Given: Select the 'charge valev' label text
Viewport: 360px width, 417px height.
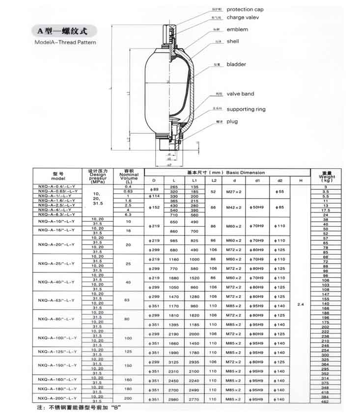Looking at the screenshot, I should click(242, 18).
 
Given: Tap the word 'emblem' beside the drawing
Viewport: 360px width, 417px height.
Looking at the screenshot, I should click(237, 29).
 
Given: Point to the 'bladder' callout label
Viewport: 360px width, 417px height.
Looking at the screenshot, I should click(236, 64).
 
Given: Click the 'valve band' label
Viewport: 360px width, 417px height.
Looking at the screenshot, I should click(240, 94).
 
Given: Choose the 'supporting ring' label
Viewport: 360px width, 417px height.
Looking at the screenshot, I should click(246, 109).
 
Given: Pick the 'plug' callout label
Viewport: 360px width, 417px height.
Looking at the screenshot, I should click(232, 121).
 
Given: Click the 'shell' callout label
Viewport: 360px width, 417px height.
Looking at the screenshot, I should click(233, 42).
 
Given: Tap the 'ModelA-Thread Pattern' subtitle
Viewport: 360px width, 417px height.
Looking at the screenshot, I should click(65, 42).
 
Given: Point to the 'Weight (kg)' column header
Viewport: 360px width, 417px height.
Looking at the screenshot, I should click(327, 177).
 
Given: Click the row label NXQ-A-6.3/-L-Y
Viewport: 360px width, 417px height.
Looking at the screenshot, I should click(57, 214).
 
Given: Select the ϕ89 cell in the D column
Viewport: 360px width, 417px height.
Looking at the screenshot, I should click(154, 189).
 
